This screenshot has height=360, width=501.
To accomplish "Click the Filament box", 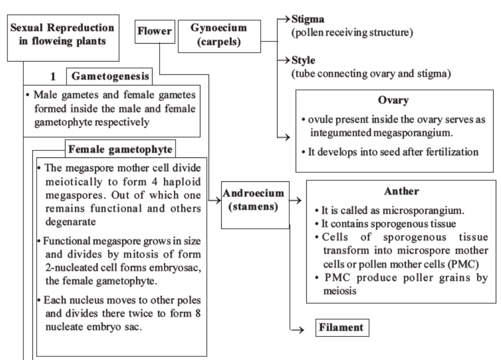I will pos(343,328).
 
